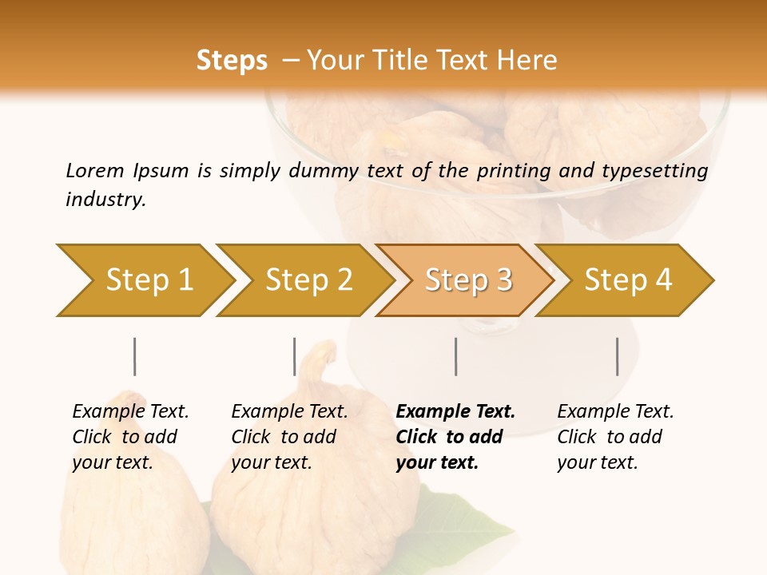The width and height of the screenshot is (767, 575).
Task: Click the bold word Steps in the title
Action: [x=232, y=61]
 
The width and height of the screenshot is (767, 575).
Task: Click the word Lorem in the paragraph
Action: [x=94, y=170]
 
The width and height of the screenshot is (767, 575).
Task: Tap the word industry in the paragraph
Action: [x=105, y=199]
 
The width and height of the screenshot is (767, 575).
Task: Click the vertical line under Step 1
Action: [x=135, y=356]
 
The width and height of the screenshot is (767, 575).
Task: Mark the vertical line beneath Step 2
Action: [x=295, y=356]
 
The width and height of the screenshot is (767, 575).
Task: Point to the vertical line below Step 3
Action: [x=455, y=356]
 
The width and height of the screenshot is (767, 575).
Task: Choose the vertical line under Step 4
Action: [x=617, y=356]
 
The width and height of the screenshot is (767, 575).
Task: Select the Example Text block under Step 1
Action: [x=130, y=437]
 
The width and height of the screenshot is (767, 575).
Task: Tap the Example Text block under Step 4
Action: [x=615, y=437]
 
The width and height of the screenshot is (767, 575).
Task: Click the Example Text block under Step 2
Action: [x=289, y=437]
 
